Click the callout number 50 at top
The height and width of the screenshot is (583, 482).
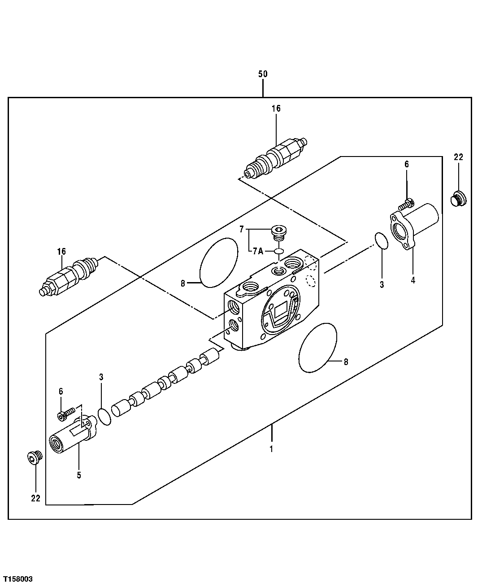[263, 74]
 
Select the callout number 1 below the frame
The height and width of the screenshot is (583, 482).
[271, 448]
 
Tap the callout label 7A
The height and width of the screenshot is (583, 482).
[257, 251]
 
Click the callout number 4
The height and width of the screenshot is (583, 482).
[413, 281]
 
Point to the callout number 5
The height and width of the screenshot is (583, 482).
[79, 475]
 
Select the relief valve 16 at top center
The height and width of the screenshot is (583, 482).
[275, 157]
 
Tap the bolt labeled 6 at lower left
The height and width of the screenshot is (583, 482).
[65, 414]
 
